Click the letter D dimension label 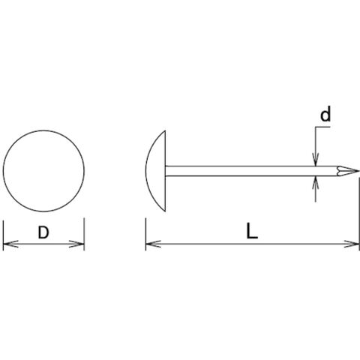click(x=43, y=232)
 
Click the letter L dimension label click(x=251, y=231)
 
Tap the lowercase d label click(x=325, y=114)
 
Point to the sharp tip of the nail click(x=359, y=171)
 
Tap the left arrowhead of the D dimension click(x=10, y=244)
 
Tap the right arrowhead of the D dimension click(x=76, y=244)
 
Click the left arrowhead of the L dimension click(x=153, y=244)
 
